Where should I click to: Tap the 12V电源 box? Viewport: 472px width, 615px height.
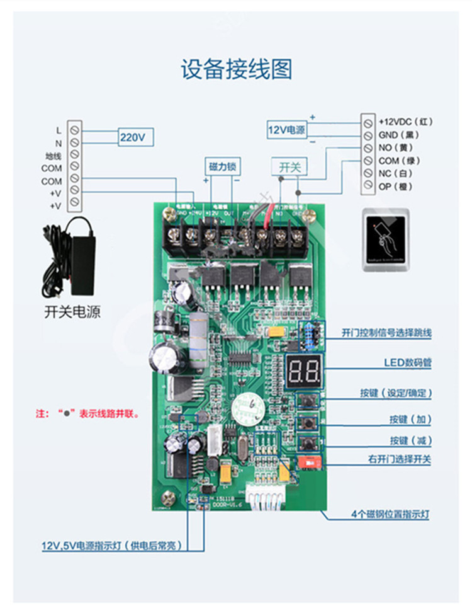[286, 130]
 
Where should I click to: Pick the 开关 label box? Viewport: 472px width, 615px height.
[290, 167]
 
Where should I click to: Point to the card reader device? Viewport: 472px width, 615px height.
[386, 240]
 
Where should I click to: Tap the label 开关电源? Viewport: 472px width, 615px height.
[72, 312]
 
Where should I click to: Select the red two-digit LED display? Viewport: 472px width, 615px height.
[304, 372]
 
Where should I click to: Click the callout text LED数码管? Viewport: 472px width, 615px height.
[408, 363]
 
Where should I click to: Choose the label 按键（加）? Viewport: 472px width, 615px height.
[410, 419]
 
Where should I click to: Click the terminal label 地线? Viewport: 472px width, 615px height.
[53, 156]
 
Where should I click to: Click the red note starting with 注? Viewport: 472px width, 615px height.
[87, 415]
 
